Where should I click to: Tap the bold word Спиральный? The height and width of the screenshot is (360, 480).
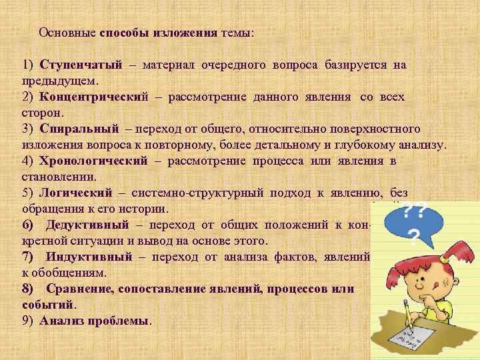[79, 129]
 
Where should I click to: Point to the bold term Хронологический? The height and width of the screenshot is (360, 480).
[93, 161]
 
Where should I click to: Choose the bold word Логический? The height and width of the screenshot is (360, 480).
[75, 193]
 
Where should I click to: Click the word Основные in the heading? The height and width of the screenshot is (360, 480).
[68, 33]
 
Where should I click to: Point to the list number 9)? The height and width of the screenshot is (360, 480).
[28, 321]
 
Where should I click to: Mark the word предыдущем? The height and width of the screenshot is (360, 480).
[59, 81]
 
